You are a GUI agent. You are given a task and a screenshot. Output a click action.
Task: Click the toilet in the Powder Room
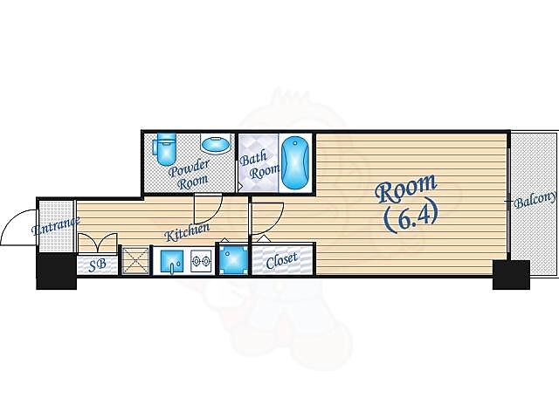click(x=165, y=149)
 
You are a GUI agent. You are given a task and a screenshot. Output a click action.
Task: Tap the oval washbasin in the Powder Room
click(x=216, y=143)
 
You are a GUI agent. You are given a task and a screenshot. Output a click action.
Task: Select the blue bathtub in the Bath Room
click(x=295, y=163)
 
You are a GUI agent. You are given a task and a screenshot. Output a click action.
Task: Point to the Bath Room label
click(x=259, y=165)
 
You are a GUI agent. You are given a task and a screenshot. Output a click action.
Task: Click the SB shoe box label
click(x=97, y=264)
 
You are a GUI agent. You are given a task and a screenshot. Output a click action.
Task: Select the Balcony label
click(x=535, y=200)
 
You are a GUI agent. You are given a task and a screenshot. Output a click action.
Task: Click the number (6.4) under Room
click(x=411, y=218)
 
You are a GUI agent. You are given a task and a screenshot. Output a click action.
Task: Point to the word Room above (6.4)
click(x=406, y=189)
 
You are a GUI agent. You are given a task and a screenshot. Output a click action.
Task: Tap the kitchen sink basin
click(x=172, y=262)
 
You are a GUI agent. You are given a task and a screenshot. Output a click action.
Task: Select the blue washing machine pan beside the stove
click(x=233, y=259)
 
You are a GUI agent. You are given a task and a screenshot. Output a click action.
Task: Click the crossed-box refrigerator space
click(x=135, y=260)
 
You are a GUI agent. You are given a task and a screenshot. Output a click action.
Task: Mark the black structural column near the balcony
click(x=511, y=275)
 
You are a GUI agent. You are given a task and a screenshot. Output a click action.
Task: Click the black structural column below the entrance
click(x=56, y=271)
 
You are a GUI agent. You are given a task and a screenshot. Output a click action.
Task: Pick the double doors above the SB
click(x=97, y=243)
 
